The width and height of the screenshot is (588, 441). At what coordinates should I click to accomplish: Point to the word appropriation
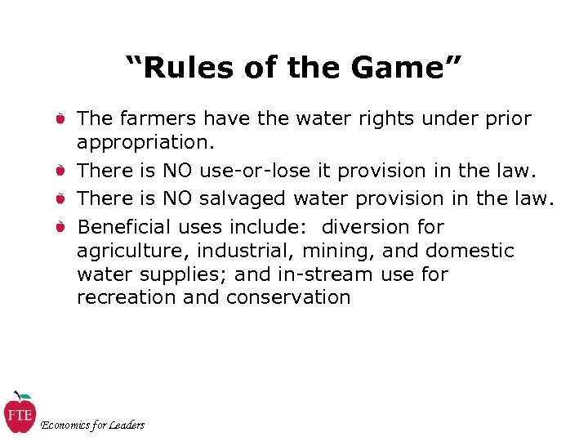point(145,143)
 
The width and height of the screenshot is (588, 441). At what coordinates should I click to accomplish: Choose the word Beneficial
point(123,227)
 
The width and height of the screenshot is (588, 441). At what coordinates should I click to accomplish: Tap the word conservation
point(288,298)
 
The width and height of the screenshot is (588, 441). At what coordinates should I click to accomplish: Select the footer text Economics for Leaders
point(92,425)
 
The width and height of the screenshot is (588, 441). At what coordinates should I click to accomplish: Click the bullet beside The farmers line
point(60,119)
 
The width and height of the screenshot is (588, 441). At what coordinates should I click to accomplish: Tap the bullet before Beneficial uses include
point(60,227)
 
